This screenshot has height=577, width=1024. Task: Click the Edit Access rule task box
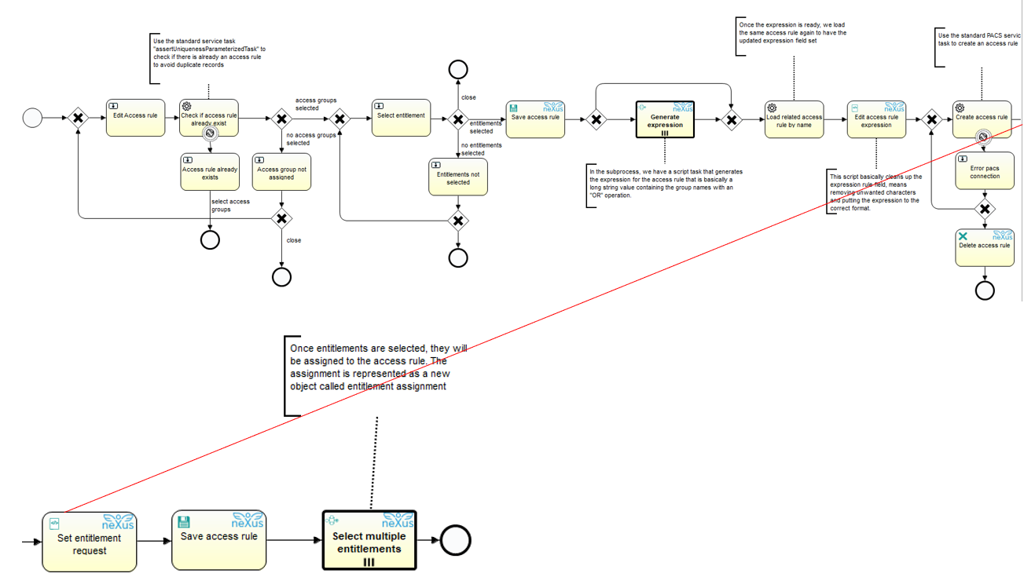(x=135, y=118)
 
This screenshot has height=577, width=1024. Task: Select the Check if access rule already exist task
(x=209, y=118)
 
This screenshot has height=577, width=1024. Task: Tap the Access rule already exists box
(x=210, y=172)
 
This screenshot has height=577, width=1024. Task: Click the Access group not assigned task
(x=281, y=172)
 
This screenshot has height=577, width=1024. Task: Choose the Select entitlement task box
(x=401, y=118)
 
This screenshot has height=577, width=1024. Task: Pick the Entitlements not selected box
(x=458, y=177)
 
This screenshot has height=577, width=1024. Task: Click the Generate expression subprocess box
(x=665, y=119)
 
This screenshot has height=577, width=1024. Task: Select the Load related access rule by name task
(x=795, y=119)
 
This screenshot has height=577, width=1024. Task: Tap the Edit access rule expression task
(x=876, y=119)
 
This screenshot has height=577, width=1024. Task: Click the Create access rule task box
(x=982, y=119)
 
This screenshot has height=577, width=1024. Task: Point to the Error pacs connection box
(x=985, y=171)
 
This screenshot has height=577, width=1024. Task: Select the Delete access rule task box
(x=985, y=247)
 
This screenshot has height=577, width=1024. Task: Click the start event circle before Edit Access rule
(x=32, y=119)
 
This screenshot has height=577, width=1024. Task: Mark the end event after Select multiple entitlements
(x=456, y=540)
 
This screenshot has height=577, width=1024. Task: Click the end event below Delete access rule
(x=985, y=290)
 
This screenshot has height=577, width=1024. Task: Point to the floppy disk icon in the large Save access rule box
(x=184, y=522)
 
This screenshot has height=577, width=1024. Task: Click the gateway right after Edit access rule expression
(x=931, y=119)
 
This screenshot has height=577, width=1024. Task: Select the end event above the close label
(x=458, y=69)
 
